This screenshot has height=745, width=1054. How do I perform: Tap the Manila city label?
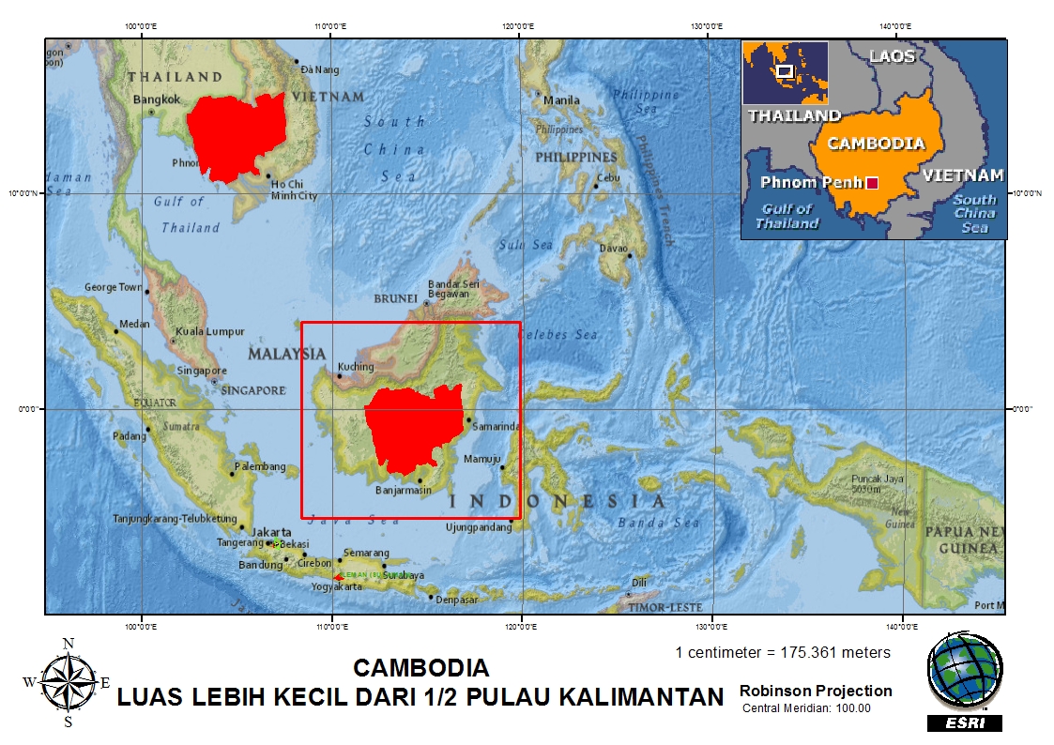pyautogui.click(x=562, y=100)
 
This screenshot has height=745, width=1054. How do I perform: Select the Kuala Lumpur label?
pyautogui.click(x=209, y=332)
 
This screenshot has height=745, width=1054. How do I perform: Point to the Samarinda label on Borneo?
pyautogui.click(x=495, y=427)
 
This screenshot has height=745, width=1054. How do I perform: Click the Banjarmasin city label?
pyautogui.click(x=403, y=490)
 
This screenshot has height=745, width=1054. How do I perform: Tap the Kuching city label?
pyautogui.click(x=356, y=367)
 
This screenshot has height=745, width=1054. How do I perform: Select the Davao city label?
pyautogui.click(x=614, y=249)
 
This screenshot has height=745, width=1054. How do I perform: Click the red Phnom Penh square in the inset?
pyautogui.click(x=872, y=183)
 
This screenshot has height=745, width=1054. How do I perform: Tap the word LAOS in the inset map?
pyautogui.click(x=892, y=56)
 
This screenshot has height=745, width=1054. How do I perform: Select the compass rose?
pyautogui.click(x=68, y=682)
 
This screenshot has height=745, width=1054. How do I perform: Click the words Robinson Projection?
pyautogui.click(x=816, y=692)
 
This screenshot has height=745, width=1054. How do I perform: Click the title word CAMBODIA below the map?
pyautogui.click(x=421, y=668)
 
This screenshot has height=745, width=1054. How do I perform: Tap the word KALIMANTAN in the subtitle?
pyautogui.click(x=642, y=697)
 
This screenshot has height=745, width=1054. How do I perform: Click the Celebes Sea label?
pyautogui.click(x=558, y=335)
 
